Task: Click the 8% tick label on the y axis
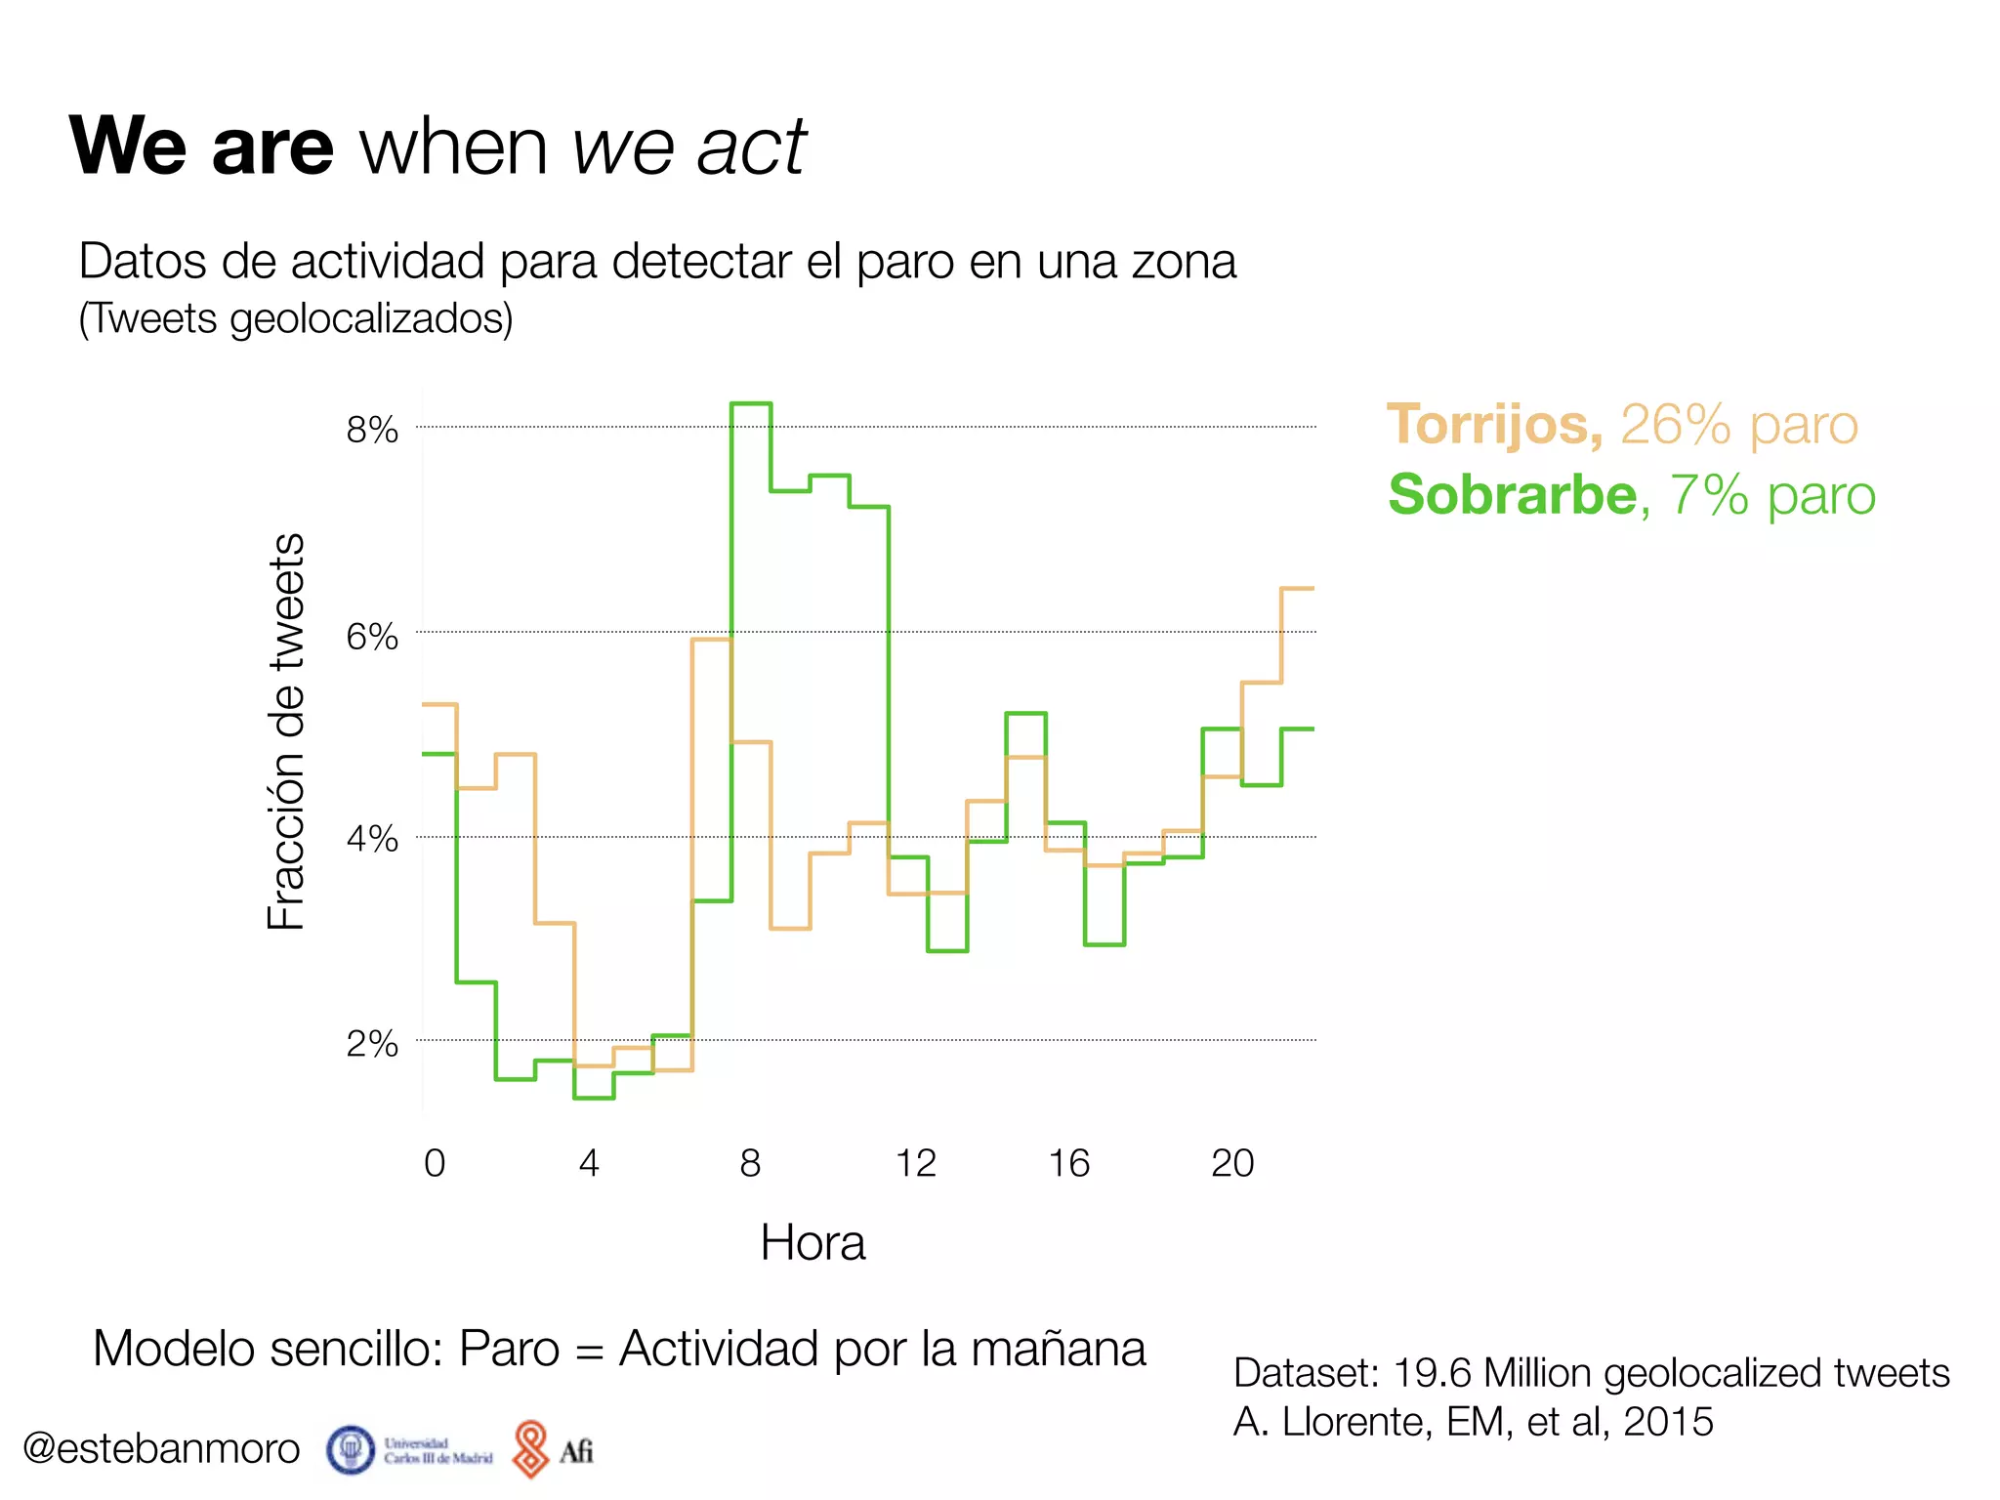[372, 430]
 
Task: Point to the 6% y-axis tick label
[372, 637]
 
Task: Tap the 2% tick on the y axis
[372, 1044]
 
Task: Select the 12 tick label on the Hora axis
[915, 1163]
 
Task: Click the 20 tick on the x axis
[1232, 1163]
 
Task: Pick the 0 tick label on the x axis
[435, 1163]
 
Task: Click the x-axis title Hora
[812, 1243]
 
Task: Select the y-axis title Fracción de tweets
[286, 731]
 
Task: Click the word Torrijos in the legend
[1493, 425]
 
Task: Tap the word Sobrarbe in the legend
[1512, 495]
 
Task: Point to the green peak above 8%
[751, 403]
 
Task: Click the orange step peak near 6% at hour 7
[711, 640]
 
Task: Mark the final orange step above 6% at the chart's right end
[1298, 589]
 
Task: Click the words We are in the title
[201, 146]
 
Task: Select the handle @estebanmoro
[161, 1448]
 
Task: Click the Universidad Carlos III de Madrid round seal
[351, 1450]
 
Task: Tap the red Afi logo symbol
[530, 1449]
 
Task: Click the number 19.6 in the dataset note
[1432, 1373]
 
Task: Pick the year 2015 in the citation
[1668, 1422]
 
